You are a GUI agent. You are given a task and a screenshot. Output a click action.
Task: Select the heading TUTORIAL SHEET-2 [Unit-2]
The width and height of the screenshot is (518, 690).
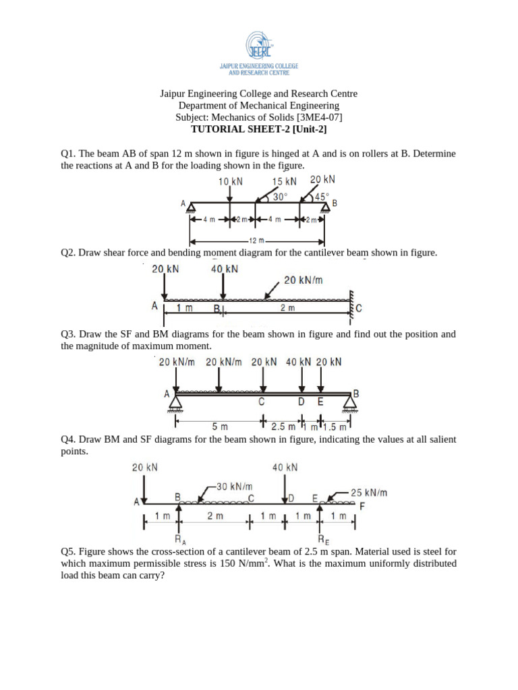[258, 130]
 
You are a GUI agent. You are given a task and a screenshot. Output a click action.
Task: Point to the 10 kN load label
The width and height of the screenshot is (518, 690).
[231, 181]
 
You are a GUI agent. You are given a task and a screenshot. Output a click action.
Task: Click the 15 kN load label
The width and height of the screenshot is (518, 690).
[284, 181]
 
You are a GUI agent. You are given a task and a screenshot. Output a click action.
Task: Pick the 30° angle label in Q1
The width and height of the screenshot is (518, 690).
[279, 197]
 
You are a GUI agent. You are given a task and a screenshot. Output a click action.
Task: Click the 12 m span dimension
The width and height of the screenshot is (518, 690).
[256, 241]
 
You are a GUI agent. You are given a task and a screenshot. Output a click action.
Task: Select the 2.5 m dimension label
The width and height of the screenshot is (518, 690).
[283, 427]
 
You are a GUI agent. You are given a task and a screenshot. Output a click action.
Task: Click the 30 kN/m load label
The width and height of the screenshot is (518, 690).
[234, 486]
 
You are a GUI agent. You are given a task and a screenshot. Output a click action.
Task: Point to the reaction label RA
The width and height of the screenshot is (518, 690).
[179, 540]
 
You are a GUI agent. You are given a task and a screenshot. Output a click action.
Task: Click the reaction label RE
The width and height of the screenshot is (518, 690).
[324, 540]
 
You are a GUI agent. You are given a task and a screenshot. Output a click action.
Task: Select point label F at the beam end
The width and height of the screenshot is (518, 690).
[362, 505]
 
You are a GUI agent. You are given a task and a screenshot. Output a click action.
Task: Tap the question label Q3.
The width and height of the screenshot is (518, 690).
[67, 334]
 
